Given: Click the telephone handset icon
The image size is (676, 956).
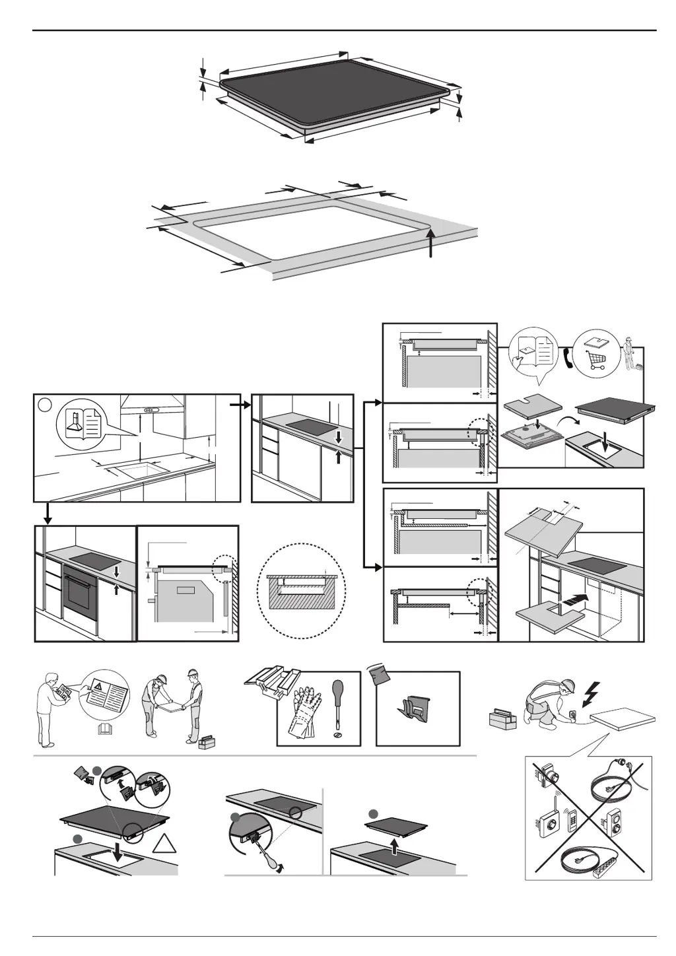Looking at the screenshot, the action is click(x=567, y=357).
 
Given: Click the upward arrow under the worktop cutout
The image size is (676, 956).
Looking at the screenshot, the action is click(x=430, y=246).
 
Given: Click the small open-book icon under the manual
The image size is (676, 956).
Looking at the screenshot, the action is click(x=103, y=729).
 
